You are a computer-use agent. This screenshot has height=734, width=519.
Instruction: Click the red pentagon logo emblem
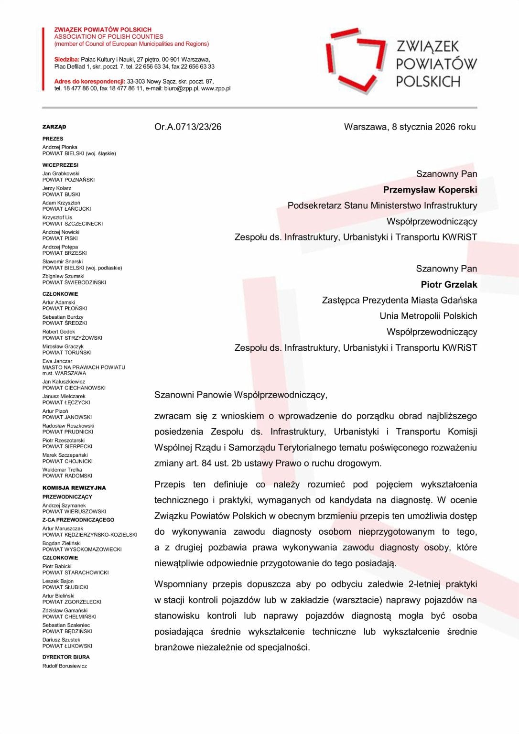tap(356, 60)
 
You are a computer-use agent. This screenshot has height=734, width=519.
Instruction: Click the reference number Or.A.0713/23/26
tap(188, 127)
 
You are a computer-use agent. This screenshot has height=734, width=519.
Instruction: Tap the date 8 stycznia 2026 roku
tap(433, 127)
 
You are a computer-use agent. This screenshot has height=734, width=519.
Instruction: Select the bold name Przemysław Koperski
tap(430, 190)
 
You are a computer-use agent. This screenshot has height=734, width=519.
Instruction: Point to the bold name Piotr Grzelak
tap(449, 284)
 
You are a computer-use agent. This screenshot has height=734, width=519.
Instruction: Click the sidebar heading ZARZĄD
tap(54, 127)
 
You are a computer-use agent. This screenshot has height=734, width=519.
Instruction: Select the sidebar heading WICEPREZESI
tap(60, 165)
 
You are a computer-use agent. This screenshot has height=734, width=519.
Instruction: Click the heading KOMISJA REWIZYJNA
tap(74, 488)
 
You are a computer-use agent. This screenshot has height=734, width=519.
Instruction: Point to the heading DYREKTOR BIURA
tap(66, 657)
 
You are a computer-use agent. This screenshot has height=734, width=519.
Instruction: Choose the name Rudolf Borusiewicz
tap(65, 666)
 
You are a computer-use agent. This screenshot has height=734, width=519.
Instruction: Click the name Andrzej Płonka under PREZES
tap(60, 147)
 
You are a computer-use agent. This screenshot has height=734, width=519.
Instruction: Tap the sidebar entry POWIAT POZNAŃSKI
tap(68, 180)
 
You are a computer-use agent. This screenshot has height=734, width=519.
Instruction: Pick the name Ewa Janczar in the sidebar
tap(57, 361)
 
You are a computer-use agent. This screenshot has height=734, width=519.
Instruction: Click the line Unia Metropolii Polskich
tap(428, 316)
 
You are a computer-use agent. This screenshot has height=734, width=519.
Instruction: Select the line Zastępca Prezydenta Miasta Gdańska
tap(399, 300)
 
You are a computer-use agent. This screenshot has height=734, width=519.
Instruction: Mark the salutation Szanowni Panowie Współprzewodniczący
tap(240, 395)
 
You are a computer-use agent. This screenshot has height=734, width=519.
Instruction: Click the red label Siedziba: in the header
tap(66, 60)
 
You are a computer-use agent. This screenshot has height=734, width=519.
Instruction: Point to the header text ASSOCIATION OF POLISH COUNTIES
tap(108, 37)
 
